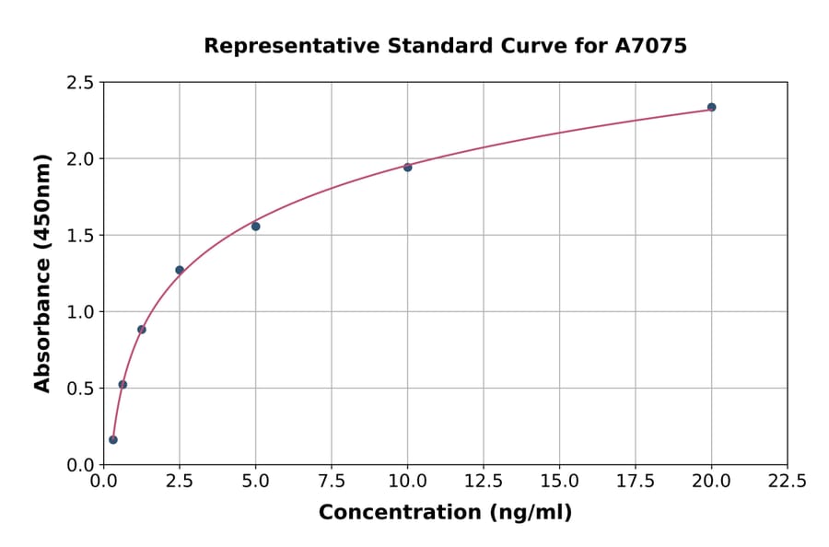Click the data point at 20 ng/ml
711,107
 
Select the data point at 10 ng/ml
407,167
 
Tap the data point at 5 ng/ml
255,226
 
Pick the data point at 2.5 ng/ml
180,270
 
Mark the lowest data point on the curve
113,439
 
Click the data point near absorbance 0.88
142,329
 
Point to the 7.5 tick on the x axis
332,481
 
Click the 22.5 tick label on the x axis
787,481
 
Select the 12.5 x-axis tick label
484,481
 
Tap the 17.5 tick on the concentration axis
636,481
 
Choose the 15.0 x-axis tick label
559,481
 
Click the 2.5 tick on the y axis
81,83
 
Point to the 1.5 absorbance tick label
81,236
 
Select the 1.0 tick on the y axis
81,312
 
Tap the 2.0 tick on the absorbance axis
81,159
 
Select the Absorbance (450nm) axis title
42,273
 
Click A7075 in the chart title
651,45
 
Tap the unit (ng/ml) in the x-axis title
530,512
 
